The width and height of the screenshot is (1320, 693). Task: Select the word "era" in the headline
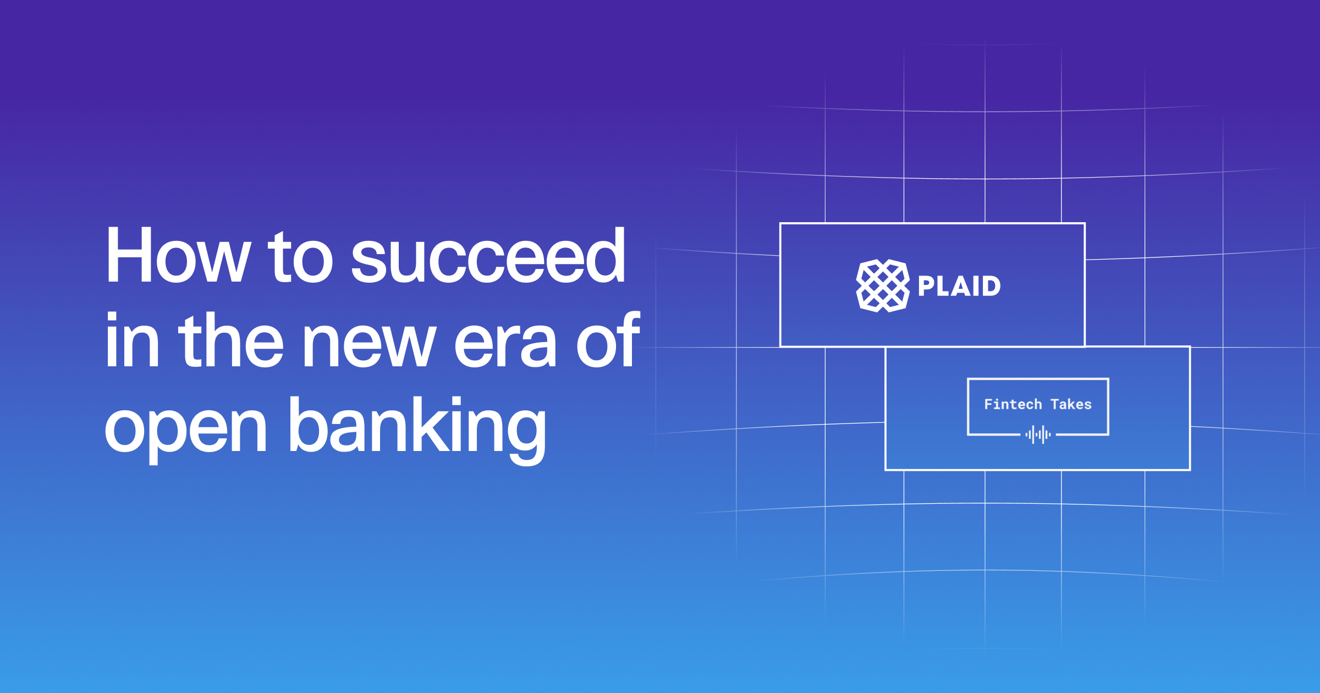click(x=505, y=344)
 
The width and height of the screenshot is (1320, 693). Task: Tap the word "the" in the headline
click(x=231, y=341)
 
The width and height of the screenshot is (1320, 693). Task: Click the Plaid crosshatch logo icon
click(x=882, y=285)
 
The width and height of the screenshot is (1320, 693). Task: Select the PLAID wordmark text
click(x=959, y=286)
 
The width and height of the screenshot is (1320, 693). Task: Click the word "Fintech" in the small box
click(x=1013, y=404)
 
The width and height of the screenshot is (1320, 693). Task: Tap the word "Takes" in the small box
click(x=1071, y=404)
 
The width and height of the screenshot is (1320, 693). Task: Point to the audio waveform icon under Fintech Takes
click(x=1038, y=435)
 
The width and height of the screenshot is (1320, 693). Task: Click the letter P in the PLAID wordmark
click(x=926, y=286)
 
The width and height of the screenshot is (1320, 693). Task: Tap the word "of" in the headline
click(x=608, y=341)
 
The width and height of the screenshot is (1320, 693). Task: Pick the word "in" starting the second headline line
click(x=132, y=341)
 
